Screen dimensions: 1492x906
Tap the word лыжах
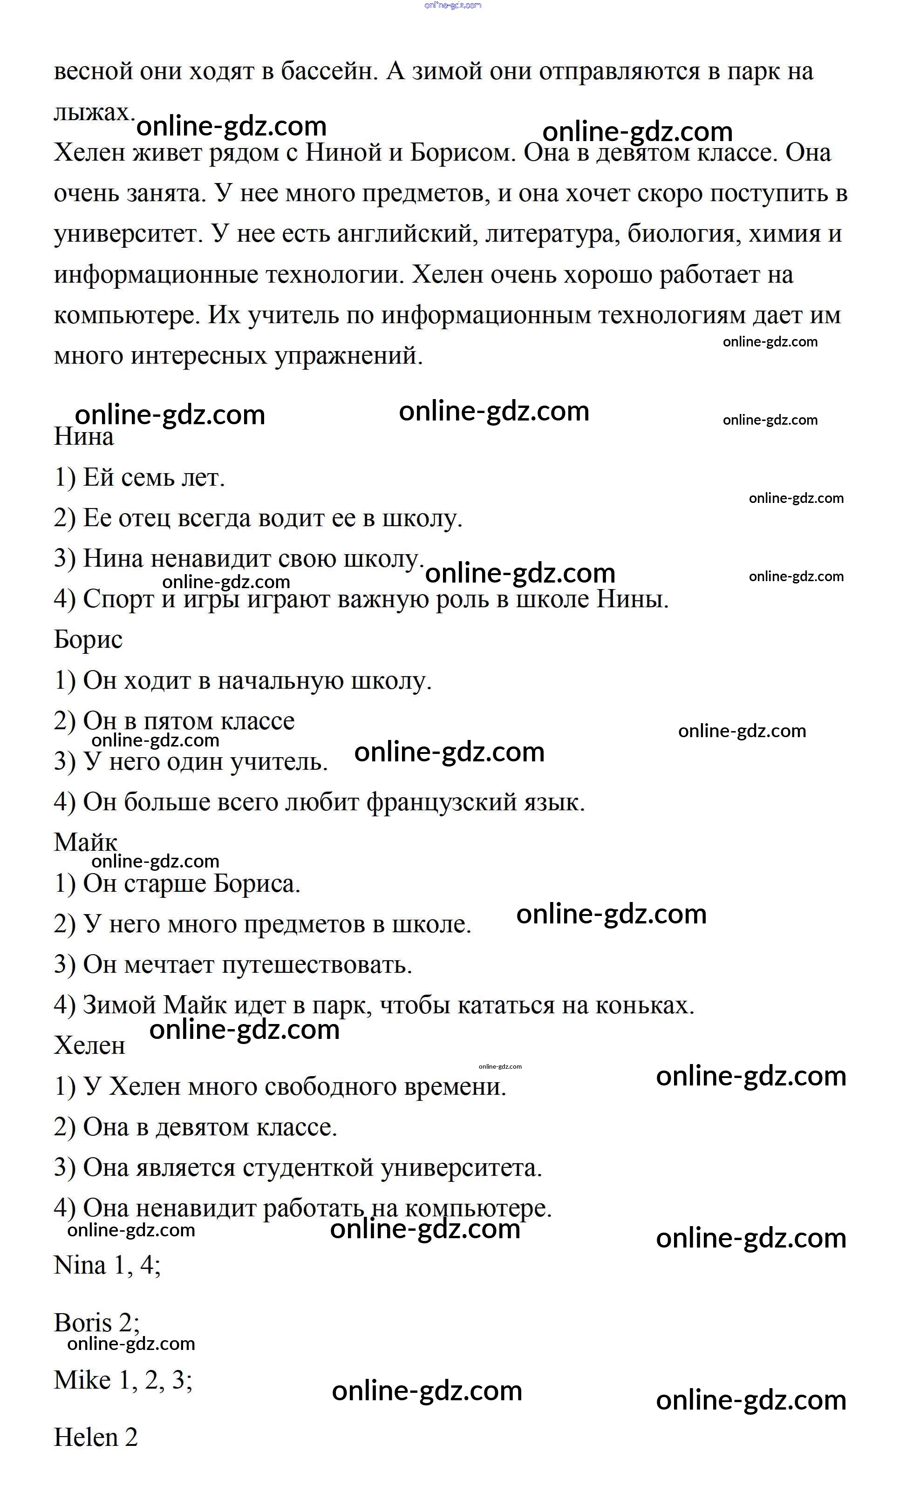tap(94, 113)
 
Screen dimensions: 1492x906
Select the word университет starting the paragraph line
tap(128, 234)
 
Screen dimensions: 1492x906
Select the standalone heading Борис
tap(88, 640)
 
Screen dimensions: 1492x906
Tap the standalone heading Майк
tap(85, 842)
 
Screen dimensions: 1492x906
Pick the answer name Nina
tap(79, 1266)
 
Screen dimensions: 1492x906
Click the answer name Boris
tap(83, 1322)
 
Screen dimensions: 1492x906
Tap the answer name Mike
tap(82, 1380)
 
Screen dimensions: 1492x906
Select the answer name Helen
tap(84, 1438)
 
